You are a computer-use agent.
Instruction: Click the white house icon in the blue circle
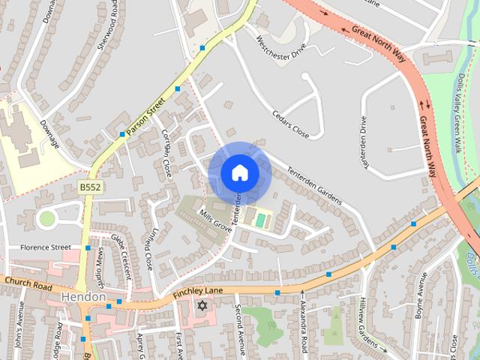[x=240, y=173]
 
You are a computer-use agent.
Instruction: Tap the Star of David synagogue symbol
[x=201, y=305]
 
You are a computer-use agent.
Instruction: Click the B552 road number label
[x=91, y=186]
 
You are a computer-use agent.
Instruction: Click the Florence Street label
[x=45, y=247]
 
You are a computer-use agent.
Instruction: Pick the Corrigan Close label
[x=167, y=152]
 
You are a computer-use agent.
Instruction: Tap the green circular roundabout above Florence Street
[x=47, y=218]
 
